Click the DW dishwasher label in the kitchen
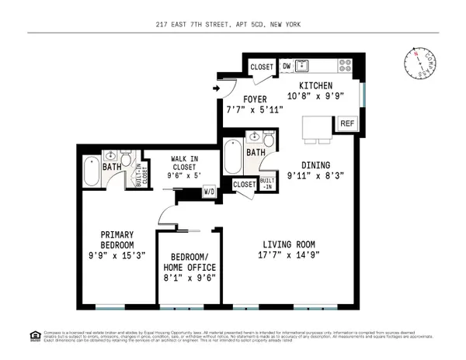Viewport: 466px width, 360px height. pyautogui.click(x=286, y=66)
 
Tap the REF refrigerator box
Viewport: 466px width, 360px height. pyautogui.click(x=346, y=123)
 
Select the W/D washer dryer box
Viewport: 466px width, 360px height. pyautogui.click(x=209, y=191)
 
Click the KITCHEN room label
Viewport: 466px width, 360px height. pyautogui.click(x=317, y=85)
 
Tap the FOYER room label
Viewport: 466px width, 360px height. pyautogui.click(x=255, y=99)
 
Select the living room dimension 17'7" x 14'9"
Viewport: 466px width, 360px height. pyautogui.click(x=290, y=254)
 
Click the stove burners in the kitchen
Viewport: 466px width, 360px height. pyautogui.click(x=346, y=66)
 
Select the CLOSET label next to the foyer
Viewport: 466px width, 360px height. pyautogui.click(x=261, y=67)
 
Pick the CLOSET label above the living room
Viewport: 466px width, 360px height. pyautogui.click(x=243, y=185)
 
